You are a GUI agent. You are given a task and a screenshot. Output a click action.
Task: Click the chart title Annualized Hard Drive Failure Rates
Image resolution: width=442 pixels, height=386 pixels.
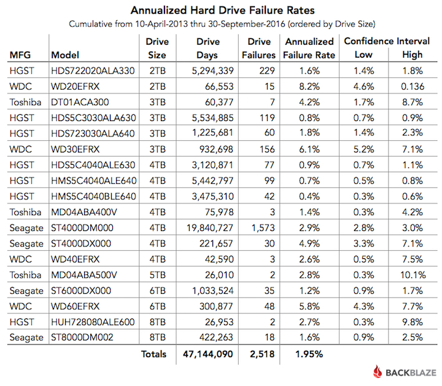(x=222, y=10)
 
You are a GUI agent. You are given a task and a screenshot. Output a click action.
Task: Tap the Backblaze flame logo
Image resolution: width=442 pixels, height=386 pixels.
(x=378, y=372)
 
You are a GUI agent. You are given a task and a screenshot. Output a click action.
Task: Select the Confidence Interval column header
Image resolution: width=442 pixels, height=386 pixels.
(x=387, y=41)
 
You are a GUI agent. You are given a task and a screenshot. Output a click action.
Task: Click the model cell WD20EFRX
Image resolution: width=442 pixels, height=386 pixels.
(x=76, y=86)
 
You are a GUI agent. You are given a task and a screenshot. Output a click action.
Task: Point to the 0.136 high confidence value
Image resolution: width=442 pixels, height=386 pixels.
(x=413, y=86)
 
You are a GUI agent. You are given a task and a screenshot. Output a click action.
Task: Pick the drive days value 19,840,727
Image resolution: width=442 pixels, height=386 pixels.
(x=210, y=227)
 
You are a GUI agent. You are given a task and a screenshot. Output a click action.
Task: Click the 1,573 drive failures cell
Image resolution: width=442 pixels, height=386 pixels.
(x=263, y=227)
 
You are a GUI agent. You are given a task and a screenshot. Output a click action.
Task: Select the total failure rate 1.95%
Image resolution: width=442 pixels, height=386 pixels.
(x=309, y=354)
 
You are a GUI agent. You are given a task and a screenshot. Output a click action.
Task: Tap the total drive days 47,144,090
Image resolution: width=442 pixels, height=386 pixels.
(x=207, y=354)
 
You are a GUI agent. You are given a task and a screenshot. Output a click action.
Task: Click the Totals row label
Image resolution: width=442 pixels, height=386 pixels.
(x=153, y=354)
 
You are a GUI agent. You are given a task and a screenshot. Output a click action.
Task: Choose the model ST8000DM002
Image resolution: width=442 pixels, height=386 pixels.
(x=82, y=337)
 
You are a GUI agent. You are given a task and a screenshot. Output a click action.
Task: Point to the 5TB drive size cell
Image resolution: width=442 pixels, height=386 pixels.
(x=157, y=275)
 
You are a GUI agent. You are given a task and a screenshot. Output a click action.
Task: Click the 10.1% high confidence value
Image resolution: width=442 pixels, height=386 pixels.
(x=413, y=275)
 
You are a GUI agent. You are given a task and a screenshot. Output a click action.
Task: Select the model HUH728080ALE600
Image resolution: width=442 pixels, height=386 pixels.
(x=93, y=322)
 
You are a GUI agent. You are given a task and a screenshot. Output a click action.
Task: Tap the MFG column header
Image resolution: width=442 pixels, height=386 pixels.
(x=20, y=55)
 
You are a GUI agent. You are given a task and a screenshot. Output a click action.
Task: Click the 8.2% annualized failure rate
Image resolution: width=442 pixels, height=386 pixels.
(x=309, y=86)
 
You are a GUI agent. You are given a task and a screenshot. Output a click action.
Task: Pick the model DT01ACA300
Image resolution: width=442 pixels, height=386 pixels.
(x=80, y=102)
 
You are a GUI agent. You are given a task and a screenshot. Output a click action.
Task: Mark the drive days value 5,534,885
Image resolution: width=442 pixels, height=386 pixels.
(x=212, y=118)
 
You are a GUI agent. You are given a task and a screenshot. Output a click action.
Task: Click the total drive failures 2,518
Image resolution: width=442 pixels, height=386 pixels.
(x=262, y=354)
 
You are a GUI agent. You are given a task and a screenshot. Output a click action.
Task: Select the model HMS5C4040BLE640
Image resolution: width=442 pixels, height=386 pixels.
(x=93, y=196)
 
